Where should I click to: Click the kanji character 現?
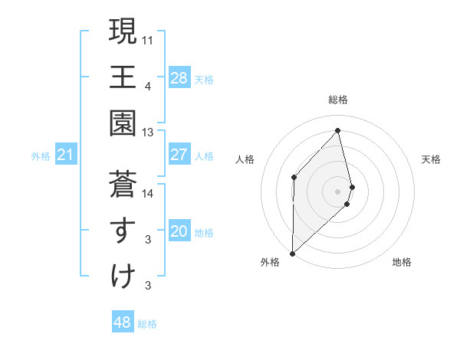[123, 31]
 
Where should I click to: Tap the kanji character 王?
[123, 77]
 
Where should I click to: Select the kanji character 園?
[123, 123]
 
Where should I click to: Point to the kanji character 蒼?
[123, 185]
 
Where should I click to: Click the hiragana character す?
[123, 231]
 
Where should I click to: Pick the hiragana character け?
[123, 277]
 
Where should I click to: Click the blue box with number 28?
[179, 77]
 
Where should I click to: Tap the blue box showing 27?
[179, 155]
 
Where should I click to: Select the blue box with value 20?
[179, 231]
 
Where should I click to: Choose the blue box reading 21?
[66, 155]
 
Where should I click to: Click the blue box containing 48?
[122, 322]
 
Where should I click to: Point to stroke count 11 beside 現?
[147, 38]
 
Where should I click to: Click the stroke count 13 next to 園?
[147, 133]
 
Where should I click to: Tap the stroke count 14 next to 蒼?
[147, 194]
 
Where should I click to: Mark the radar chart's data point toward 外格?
[292, 253]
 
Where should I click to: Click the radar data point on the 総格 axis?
[337, 130]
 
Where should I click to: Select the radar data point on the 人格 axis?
[294, 177]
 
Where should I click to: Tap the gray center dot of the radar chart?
[337, 191]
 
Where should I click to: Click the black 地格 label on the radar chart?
[402, 262]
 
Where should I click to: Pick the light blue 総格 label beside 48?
[147, 324]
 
